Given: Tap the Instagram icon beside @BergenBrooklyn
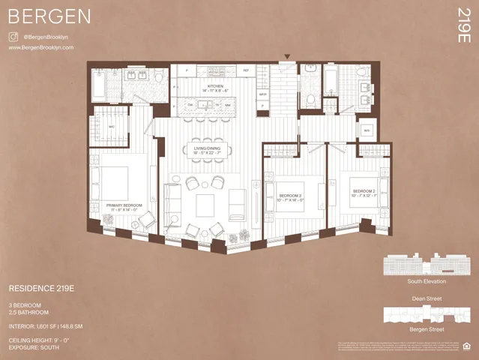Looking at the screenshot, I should coord(13,36).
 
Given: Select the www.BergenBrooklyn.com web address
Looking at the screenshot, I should coord(41,47).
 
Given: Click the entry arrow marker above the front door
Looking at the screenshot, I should coord(286,57).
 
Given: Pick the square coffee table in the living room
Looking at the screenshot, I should coord(205,204).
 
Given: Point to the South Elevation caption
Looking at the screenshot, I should coord(427,281).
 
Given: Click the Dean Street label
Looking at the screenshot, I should coord(427,298).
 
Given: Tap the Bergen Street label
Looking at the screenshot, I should coord(427,329).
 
